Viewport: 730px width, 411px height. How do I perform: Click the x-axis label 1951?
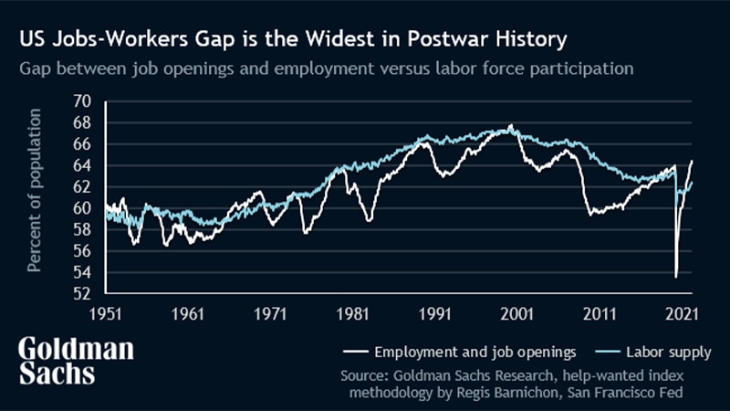pyautogui.click(x=105, y=312)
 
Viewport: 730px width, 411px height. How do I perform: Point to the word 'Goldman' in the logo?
pyautogui.click(x=77, y=350)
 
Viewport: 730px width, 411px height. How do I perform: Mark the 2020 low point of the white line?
pyautogui.click(x=676, y=277)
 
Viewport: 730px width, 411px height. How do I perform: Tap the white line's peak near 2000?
pyautogui.click(x=511, y=125)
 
